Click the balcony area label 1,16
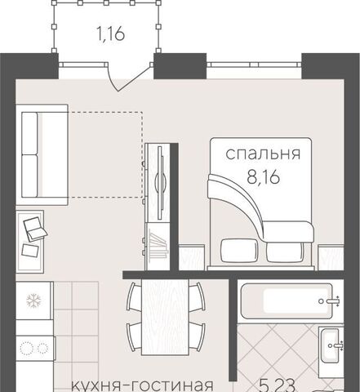(111, 34)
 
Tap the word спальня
(263, 154)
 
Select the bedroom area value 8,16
(263, 177)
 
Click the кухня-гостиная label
(142, 386)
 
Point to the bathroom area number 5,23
(278, 386)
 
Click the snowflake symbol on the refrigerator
(33, 301)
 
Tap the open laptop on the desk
(35, 229)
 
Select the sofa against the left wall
(42, 154)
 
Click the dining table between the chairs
(165, 318)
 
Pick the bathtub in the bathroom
(287, 301)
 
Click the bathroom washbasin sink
(330, 345)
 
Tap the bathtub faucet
(331, 301)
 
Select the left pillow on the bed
(239, 251)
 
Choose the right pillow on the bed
(285, 252)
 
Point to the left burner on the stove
(27, 348)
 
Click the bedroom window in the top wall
(254, 65)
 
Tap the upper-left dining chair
(134, 296)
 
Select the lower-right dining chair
(197, 336)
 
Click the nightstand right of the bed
(331, 257)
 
